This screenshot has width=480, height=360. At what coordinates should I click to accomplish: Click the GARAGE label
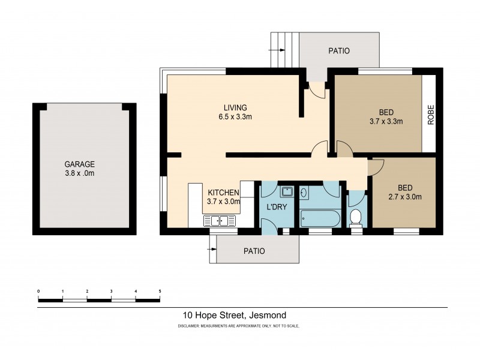[80, 164]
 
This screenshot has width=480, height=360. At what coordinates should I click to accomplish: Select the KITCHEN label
[224, 193]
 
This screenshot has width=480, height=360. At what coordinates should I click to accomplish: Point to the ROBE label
[430, 114]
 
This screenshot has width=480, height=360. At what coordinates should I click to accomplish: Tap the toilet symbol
[356, 216]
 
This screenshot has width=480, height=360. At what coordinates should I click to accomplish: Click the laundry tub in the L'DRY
[287, 192]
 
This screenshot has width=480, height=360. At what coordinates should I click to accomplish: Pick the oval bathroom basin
[304, 193]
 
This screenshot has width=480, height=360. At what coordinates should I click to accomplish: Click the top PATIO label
[338, 51]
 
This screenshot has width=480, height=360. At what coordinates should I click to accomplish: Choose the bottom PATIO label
[254, 251]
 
